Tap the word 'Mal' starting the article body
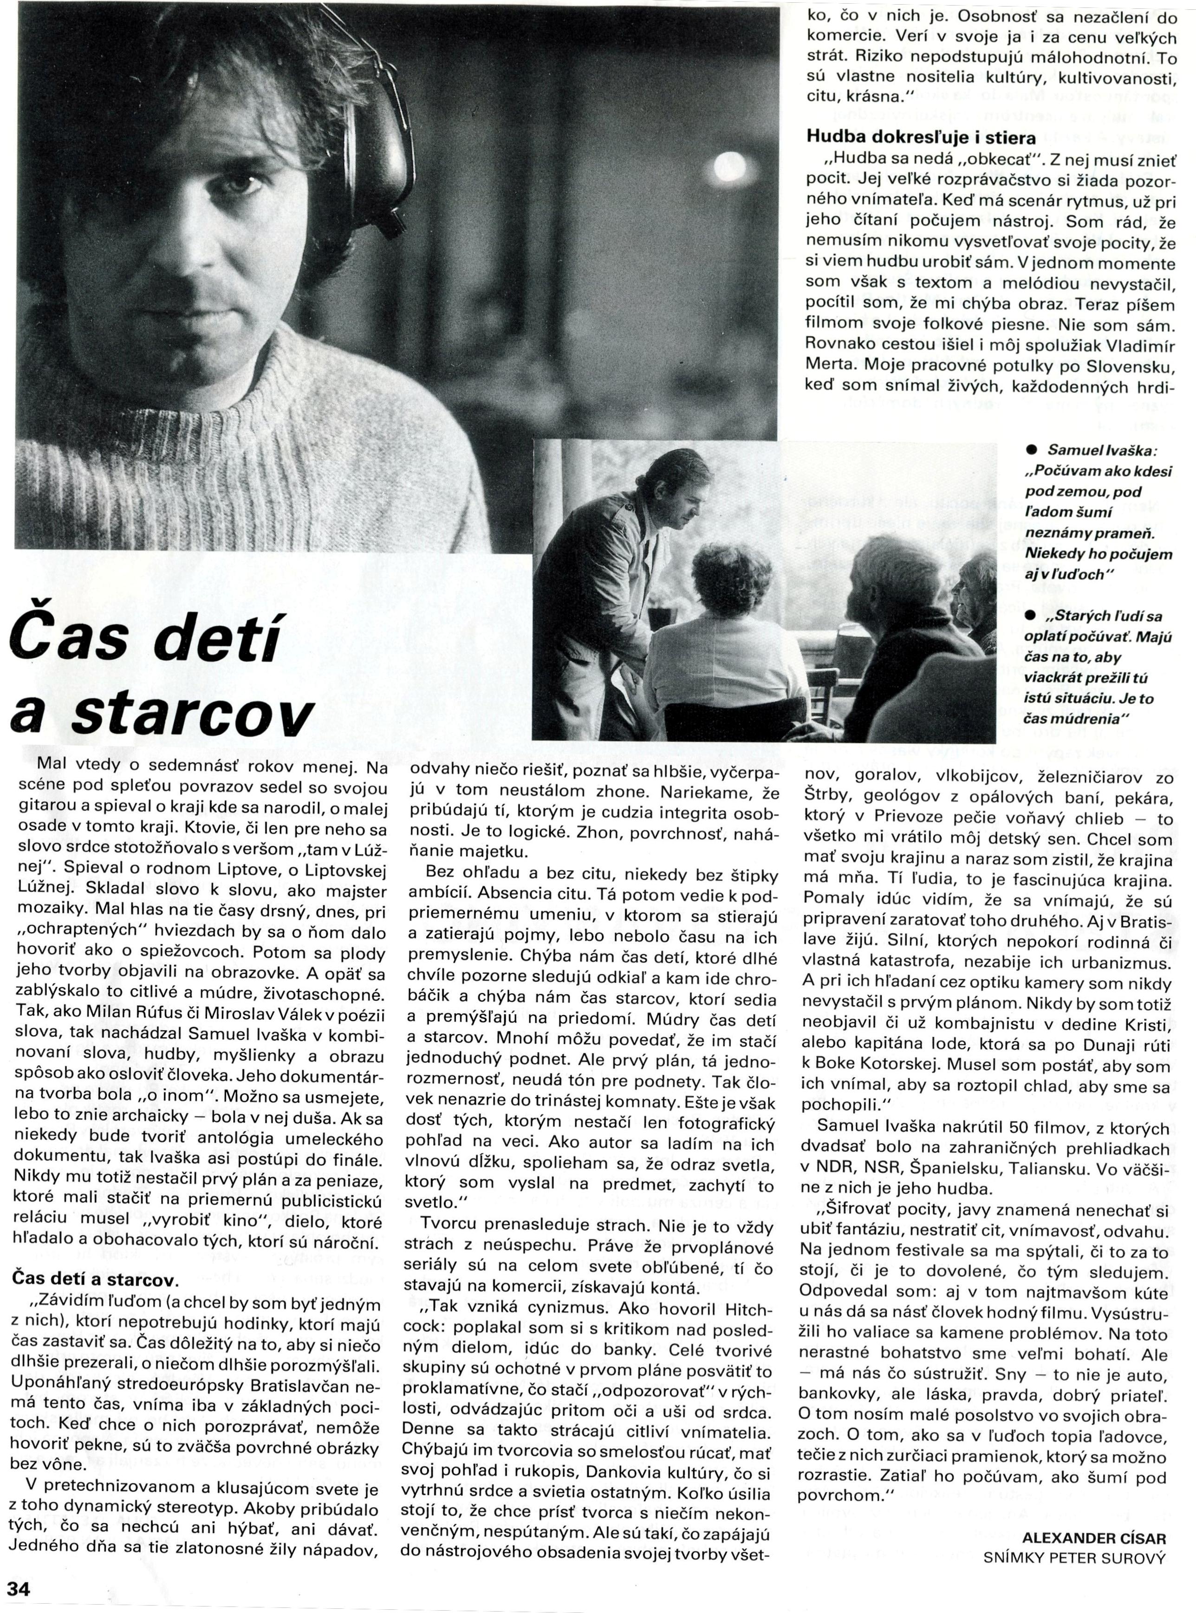51,766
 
